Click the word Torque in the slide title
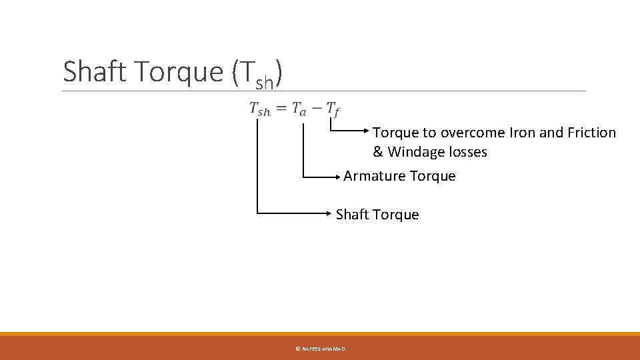click(x=179, y=71)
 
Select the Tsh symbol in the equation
click(x=259, y=109)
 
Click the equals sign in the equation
click(x=281, y=108)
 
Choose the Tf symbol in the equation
click(x=333, y=109)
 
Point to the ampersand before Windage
click(x=378, y=152)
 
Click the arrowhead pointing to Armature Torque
click(x=339, y=177)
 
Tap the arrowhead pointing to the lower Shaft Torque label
click(x=331, y=213)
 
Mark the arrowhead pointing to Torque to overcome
click(x=368, y=131)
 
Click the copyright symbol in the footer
click(x=297, y=349)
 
